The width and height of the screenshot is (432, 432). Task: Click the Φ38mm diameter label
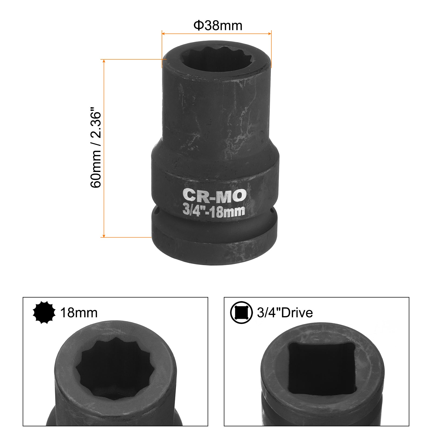click(218, 25)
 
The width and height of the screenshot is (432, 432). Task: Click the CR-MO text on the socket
click(215, 195)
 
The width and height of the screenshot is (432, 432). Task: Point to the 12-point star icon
click(44, 312)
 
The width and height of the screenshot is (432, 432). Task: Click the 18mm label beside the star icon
click(79, 313)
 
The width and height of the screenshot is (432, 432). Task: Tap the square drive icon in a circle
click(241, 312)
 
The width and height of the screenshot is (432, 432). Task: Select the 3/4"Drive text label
click(285, 313)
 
